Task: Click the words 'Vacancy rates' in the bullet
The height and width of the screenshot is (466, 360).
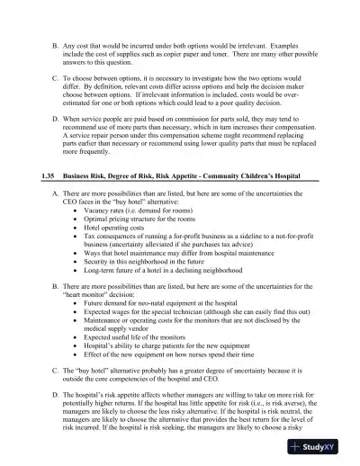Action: coord(105,233)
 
